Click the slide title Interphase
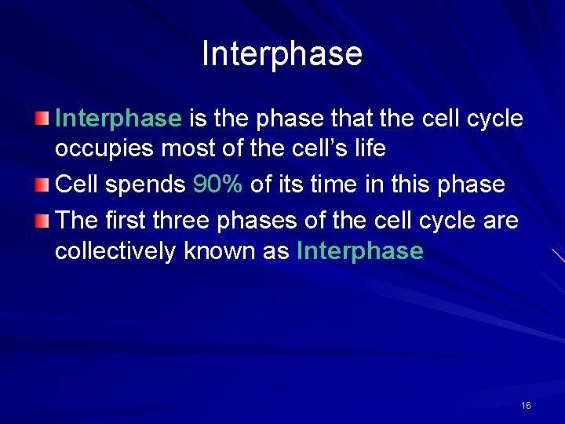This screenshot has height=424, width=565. pos(282,54)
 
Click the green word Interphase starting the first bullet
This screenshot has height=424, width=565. pos(118,119)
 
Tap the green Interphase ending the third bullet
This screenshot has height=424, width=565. pos(360,251)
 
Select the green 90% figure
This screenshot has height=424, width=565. pos(217,185)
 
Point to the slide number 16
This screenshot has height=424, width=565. pos(526,406)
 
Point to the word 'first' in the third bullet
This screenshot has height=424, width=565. pos(126,220)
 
